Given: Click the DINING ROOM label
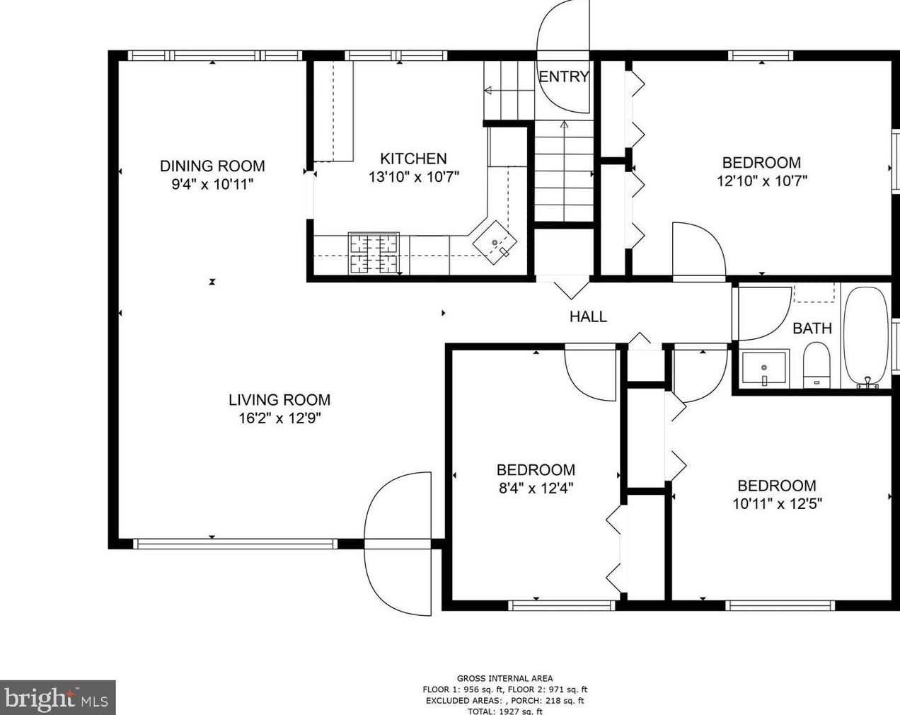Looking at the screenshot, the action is point(212,166).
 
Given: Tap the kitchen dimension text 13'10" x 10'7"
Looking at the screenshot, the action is point(414,177).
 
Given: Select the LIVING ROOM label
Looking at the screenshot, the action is point(279,400).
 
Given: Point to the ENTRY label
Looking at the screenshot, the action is point(564,76).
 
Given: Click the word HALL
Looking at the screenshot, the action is point(589,316).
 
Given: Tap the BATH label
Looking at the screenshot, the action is point(812,328).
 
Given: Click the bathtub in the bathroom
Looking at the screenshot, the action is point(866,337).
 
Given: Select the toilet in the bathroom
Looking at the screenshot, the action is point(817,365).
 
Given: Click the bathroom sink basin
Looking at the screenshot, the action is point(764,368).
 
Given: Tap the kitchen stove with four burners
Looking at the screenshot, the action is point(374,253).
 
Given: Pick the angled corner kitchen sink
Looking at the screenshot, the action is point(495,243).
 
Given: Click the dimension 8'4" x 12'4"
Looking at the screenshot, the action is point(536,488).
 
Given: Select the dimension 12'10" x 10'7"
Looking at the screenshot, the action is point(762,181).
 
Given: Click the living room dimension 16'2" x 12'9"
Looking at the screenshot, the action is point(279,418).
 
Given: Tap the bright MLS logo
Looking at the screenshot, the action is point(57,698).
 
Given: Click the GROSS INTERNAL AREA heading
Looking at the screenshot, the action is point(504,679).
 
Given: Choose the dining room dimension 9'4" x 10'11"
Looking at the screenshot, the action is point(212,184).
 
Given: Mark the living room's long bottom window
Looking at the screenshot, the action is point(235,544).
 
